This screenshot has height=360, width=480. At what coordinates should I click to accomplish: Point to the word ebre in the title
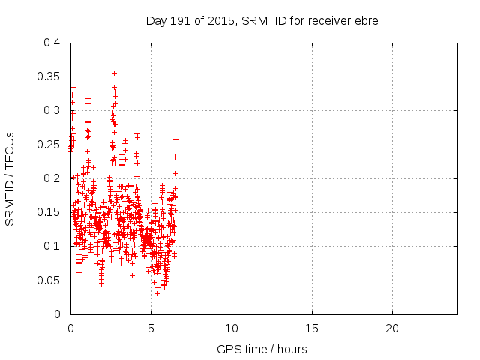[x=367, y=20]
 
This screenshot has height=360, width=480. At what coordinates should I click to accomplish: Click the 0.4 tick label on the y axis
[x=52, y=43]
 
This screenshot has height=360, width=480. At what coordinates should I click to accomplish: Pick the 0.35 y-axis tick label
[x=49, y=76]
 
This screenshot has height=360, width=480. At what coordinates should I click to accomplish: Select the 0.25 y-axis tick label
[x=49, y=145]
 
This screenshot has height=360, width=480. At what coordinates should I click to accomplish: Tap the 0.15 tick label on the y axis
[x=49, y=212]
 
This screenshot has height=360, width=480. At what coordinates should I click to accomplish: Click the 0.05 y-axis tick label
[x=49, y=280]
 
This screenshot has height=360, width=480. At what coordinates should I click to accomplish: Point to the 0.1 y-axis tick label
[x=52, y=246]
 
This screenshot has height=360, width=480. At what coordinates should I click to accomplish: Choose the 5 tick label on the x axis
[x=151, y=328]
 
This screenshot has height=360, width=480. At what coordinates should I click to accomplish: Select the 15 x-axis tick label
[x=311, y=328]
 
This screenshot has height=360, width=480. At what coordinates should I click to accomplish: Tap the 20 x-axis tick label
[x=391, y=328]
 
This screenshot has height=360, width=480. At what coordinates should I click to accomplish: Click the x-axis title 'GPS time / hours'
[x=262, y=349]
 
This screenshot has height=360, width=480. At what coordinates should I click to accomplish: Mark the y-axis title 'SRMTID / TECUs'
[x=11, y=179]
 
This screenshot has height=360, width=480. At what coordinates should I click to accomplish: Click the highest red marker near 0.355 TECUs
[x=114, y=73]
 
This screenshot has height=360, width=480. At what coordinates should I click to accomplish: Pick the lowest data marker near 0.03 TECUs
[x=157, y=292]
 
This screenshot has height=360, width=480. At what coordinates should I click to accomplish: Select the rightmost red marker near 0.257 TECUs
[x=175, y=139]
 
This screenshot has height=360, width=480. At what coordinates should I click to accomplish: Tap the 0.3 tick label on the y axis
[x=52, y=110]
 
